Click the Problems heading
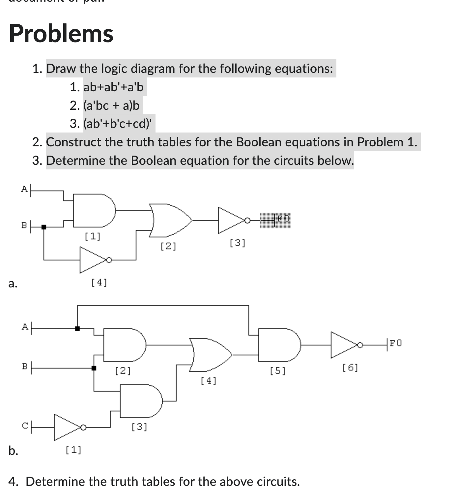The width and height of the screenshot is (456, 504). (x=61, y=34)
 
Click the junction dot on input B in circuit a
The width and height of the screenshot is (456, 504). (x=44, y=227)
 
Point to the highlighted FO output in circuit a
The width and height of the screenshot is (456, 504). (x=276, y=220)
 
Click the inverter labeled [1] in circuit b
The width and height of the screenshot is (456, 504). (x=68, y=428)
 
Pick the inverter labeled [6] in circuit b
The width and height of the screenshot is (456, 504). (x=345, y=345)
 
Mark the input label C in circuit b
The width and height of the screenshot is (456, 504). (x=25, y=426)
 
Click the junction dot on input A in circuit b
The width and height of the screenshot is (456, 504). (x=77, y=328)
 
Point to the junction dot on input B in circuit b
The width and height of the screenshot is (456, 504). (x=94, y=368)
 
